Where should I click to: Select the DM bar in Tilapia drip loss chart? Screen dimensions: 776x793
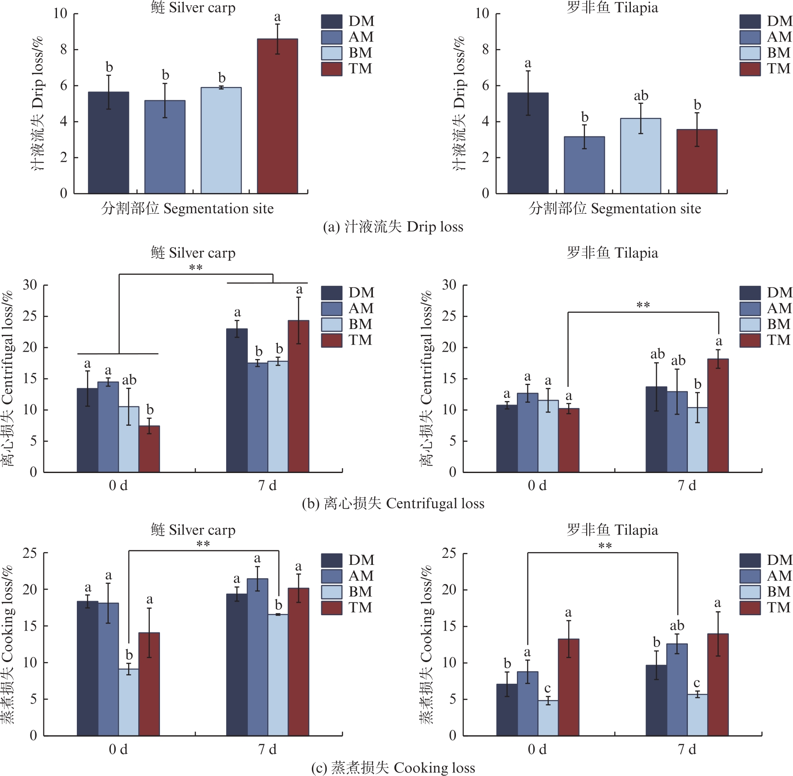(528, 143)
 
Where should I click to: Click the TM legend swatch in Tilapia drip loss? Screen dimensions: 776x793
(750, 69)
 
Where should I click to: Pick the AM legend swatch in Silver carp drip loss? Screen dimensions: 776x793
(331, 37)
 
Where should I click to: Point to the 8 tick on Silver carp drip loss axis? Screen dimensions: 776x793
(64, 49)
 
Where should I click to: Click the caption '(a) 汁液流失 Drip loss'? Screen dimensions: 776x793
(393, 227)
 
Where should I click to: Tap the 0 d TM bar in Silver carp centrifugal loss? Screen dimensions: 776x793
(149, 449)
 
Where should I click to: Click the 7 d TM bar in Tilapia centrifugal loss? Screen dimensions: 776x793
(718, 416)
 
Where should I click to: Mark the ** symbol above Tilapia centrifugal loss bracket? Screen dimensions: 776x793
(643, 305)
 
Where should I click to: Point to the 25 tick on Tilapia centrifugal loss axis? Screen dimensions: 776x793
(449, 316)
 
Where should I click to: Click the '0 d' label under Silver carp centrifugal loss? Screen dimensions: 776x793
(118, 485)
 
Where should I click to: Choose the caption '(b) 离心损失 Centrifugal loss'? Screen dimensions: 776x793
(393, 503)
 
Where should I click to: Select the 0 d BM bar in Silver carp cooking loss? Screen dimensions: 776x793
(129, 702)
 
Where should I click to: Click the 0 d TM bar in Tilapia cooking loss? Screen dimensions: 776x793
(569, 687)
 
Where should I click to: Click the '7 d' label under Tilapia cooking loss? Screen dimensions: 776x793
(687, 750)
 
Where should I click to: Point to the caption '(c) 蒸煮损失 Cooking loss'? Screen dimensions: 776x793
(393, 768)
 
